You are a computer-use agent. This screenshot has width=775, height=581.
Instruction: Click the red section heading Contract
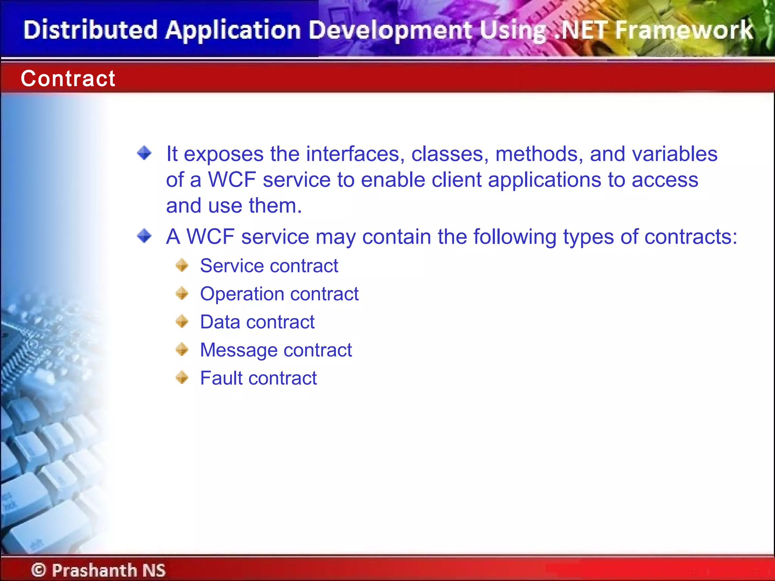(x=68, y=79)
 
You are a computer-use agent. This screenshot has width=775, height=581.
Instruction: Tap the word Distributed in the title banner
(x=90, y=30)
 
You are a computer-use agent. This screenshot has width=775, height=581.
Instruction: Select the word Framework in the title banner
(x=684, y=30)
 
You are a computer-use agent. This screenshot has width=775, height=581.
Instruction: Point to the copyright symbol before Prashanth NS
(x=39, y=570)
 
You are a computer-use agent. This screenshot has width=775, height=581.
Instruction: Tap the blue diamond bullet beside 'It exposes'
(x=144, y=153)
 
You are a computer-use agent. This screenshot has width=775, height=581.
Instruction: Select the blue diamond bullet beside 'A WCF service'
(x=144, y=236)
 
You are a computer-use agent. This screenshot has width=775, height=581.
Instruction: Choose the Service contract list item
(x=269, y=266)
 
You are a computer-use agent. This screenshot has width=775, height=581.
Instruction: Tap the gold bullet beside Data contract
(x=182, y=322)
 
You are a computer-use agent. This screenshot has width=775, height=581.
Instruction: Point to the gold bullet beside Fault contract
(x=182, y=377)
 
